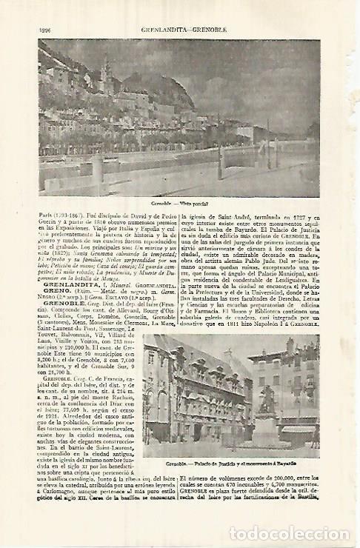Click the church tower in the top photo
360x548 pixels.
[x=105, y=74]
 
